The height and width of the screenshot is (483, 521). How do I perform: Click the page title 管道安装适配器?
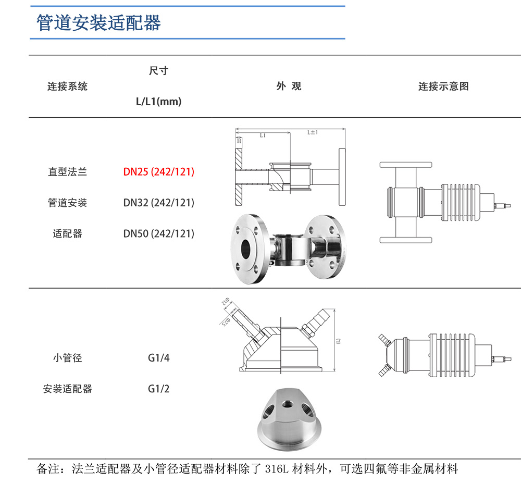(x=99, y=23)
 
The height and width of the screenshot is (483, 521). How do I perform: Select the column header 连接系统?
(x=68, y=86)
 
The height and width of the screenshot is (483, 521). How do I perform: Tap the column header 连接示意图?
(x=443, y=86)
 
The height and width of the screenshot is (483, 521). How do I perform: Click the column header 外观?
(x=289, y=86)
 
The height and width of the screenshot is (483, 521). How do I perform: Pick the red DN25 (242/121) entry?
(x=158, y=172)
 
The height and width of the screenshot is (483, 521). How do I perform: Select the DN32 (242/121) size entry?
(x=158, y=203)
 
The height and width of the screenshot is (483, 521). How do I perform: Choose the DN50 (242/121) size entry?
(x=158, y=234)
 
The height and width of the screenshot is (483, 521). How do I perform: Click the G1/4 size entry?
(x=158, y=358)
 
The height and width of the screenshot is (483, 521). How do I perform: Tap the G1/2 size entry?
(x=158, y=389)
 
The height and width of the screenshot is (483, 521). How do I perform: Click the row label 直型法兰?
(x=68, y=172)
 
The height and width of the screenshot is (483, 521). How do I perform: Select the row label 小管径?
(x=68, y=358)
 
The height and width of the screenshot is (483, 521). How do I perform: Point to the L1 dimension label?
(x=263, y=135)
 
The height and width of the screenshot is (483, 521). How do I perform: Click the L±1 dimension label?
(x=313, y=133)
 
